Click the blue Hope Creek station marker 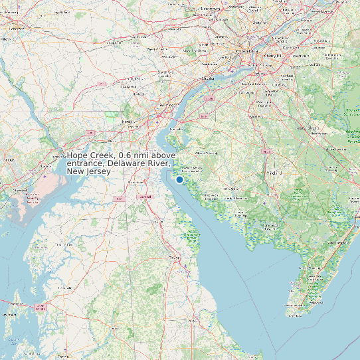179,179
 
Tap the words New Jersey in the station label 89,171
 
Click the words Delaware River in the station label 139,163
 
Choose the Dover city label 174,257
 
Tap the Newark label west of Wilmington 126,122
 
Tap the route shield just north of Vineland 267,151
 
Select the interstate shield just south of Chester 209,98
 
